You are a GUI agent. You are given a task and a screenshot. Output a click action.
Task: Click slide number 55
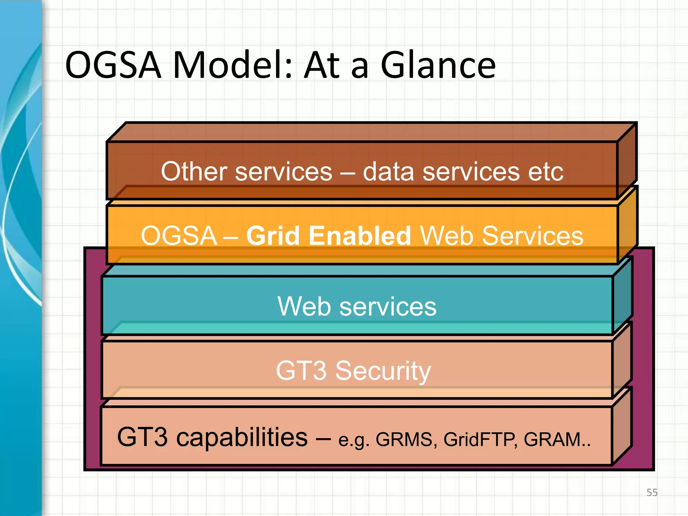[652, 492]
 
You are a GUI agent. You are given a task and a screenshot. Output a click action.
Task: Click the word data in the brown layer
[389, 172]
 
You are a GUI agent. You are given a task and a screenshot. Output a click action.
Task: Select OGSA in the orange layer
[179, 235]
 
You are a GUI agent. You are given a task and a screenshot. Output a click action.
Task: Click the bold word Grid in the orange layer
[273, 235]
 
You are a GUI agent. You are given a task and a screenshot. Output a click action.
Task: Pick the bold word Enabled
[359, 235]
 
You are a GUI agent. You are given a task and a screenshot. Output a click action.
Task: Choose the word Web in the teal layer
[304, 306]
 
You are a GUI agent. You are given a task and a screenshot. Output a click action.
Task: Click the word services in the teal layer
[388, 306]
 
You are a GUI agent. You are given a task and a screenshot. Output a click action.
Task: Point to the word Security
[383, 371]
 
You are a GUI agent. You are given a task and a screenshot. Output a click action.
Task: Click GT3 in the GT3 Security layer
[301, 371]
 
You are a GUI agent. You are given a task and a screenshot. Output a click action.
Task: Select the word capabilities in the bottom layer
[242, 437]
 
